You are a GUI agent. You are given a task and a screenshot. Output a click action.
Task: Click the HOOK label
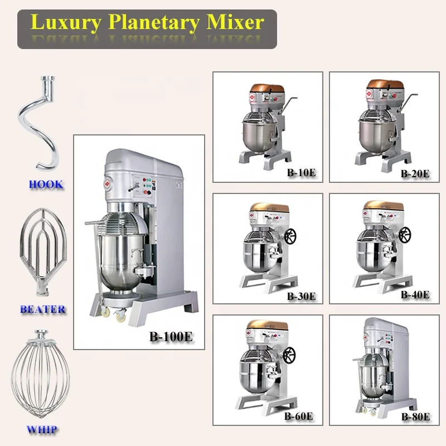click(x=46, y=185)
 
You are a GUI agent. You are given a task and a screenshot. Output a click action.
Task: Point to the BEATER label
click(x=43, y=309)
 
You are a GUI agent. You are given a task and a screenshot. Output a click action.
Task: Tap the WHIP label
click(x=42, y=430)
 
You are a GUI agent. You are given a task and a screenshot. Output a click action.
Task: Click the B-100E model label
click(x=171, y=337)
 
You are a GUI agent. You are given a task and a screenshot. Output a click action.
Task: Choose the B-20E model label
click(x=415, y=173)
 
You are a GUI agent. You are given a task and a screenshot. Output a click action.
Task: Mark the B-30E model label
click(x=301, y=296)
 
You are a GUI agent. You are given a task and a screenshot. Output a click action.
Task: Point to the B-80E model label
click(x=415, y=416)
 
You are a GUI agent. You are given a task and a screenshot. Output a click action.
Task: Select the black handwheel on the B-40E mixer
click(x=404, y=235)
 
